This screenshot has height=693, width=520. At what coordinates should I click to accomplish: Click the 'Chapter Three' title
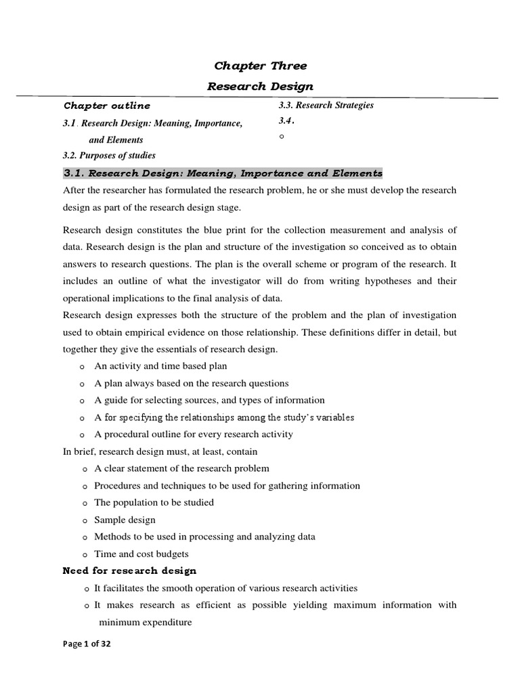click(x=260, y=66)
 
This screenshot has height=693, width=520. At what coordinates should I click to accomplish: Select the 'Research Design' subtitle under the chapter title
click(x=260, y=86)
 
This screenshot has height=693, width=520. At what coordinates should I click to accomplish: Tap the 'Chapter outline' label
click(x=107, y=106)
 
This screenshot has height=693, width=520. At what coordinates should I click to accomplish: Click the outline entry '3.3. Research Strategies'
click(x=326, y=105)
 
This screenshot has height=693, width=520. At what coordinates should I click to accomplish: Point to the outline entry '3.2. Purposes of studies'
click(x=109, y=156)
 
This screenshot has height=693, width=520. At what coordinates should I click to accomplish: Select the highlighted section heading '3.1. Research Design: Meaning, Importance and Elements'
click(x=222, y=173)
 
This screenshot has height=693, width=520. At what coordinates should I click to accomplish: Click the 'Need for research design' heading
click(x=129, y=571)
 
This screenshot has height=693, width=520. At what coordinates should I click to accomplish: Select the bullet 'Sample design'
click(x=125, y=520)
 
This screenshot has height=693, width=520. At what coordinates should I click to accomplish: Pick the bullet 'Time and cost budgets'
click(x=141, y=554)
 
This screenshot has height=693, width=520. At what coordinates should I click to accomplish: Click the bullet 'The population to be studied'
click(x=154, y=502)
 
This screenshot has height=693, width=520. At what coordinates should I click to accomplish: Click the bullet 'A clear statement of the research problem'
click(x=181, y=468)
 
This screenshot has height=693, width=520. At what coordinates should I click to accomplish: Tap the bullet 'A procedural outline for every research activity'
click(x=194, y=434)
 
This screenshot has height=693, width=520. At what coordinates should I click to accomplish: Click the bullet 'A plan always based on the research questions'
click(x=192, y=383)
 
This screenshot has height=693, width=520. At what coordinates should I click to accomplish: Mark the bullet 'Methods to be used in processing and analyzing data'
click(x=204, y=537)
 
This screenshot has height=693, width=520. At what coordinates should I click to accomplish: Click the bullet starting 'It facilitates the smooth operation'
click(x=225, y=588)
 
